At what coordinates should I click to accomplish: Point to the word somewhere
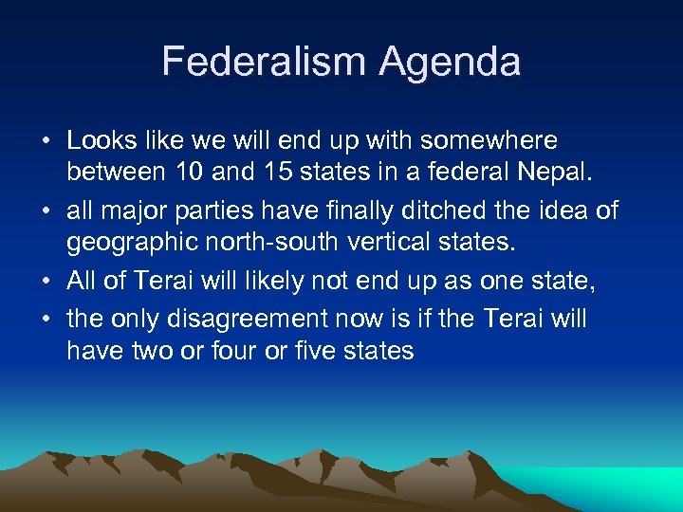click(489, 141)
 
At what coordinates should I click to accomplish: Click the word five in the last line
click(317, 352)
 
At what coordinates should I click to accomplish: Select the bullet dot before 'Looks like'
click(46, 142)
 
